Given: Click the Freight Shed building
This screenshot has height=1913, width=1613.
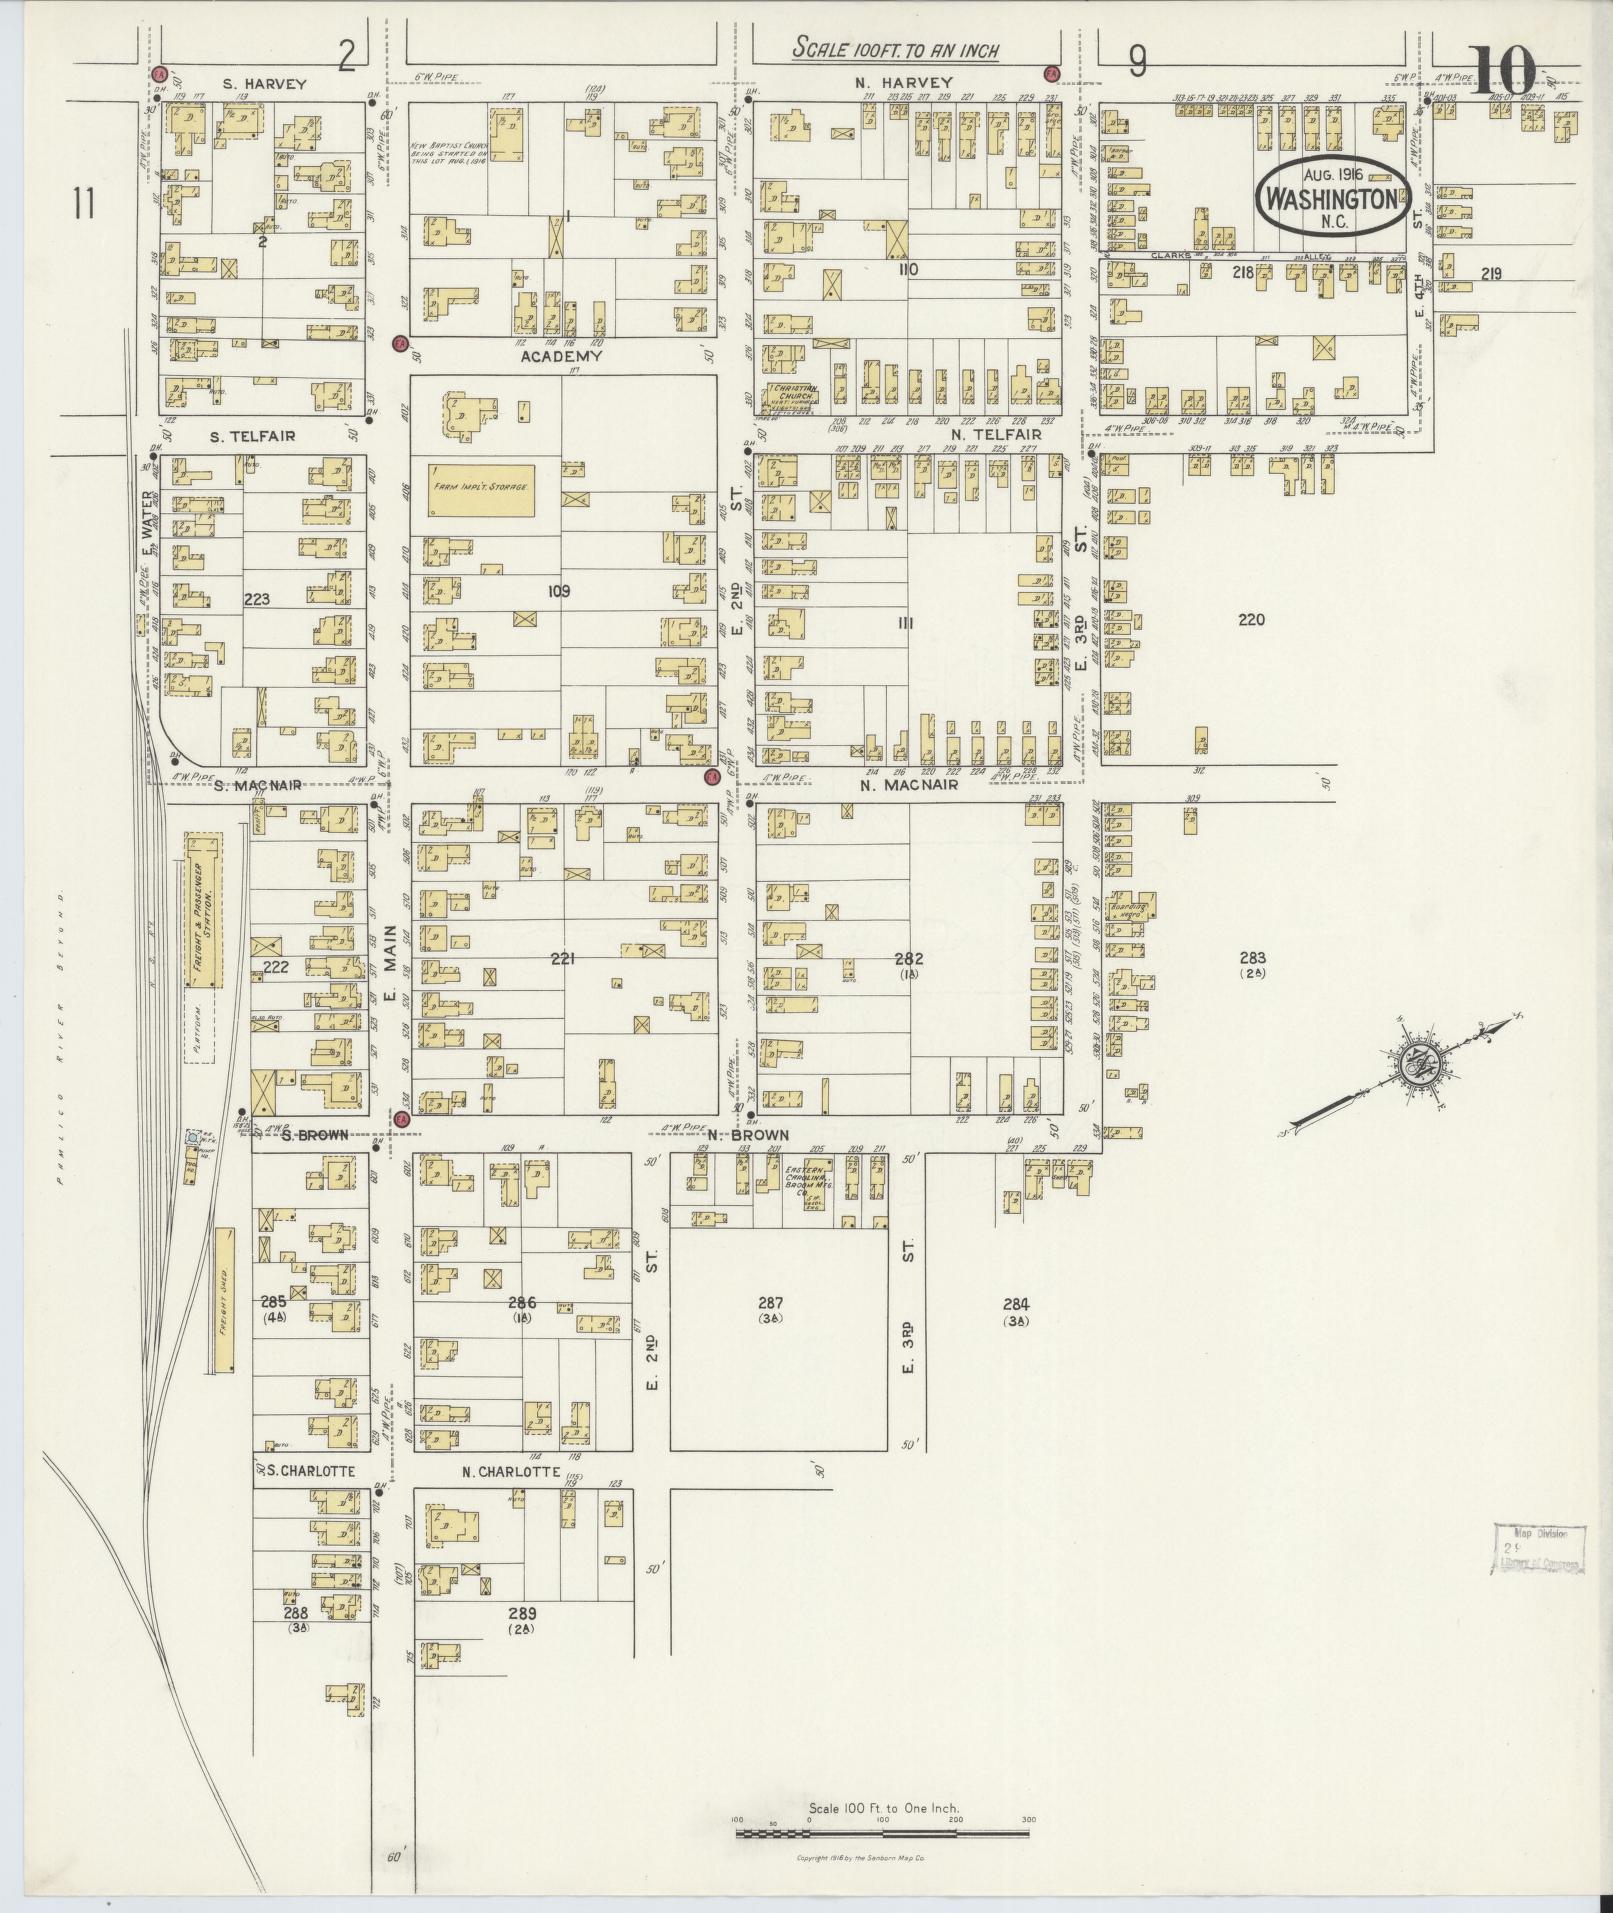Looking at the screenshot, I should (x=226, y=1300).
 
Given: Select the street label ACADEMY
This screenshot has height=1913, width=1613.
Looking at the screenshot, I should (x=561, y=356).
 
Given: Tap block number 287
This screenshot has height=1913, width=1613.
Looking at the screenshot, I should (x=770, y=1303).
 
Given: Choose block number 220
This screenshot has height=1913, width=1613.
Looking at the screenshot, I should (x=1251, y=620).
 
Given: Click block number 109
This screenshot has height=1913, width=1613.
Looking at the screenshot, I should (x=558, y=591).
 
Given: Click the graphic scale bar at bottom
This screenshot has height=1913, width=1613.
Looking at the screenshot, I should (x=883, y=1833).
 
